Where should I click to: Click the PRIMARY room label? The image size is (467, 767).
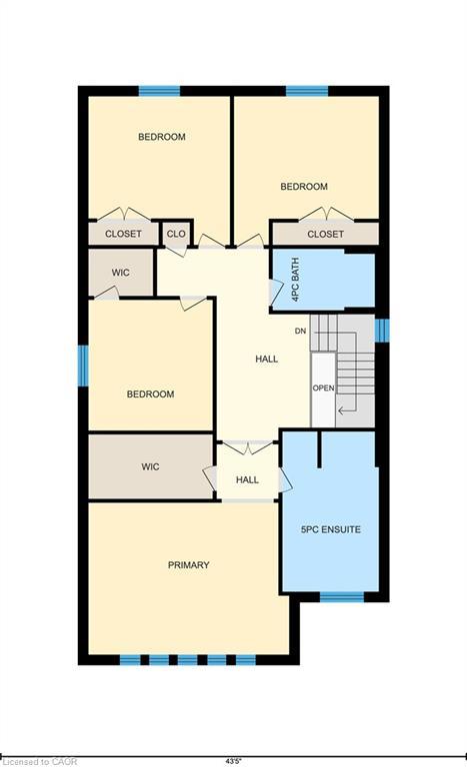pyautogui.click(x=188, y=565)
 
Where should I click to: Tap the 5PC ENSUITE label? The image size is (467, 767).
pyautogui.click(x=330, y=528)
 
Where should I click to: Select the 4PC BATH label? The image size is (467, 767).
pyautogui.click(x=294, y=281)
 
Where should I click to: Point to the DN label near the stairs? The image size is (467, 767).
pyautogui.click(x=300, y=331)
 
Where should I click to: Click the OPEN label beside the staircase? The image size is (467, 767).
pyautogui.click(x=322, y=388)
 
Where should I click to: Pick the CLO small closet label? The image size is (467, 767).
pyautogui.click(x=176, y=234)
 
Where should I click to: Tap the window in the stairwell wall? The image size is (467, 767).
pyautogui.click(x=381, y=330)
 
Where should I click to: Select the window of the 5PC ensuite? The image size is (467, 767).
pyautogui.click(x=341, y=597)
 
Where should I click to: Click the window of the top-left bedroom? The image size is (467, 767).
pyautogui.click(x=159, y=91)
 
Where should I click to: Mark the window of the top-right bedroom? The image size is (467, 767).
pyautogui.click(x=307, y=91)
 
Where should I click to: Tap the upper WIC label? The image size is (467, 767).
pyautogui.click(x=119, y=272)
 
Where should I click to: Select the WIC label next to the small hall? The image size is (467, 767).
pyautogui.click(x=150, y=466)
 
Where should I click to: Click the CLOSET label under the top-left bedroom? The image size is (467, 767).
pyautogui.click(x=123, y=234)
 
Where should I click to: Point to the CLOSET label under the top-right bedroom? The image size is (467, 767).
pyautogui.click(x=325, y=234)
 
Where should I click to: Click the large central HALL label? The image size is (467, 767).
pyautogui.click(x=267, y=359)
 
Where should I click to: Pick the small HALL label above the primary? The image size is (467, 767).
pyautogui.click(x=247, y=480)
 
